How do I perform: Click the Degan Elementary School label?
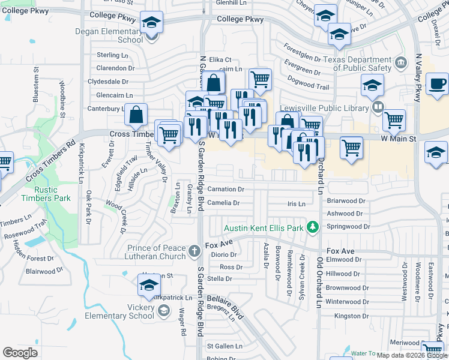109,35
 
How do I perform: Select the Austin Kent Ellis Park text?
264,228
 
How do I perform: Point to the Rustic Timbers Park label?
46,194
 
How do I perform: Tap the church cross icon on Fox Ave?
194,251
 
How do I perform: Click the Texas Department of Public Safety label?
358,64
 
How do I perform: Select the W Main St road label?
399,139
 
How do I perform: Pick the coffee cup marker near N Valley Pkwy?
437,85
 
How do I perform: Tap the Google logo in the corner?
20,352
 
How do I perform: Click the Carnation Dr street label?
225,189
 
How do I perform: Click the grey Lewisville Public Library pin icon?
377,108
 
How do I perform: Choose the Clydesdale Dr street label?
108,82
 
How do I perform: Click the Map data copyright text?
411,355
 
